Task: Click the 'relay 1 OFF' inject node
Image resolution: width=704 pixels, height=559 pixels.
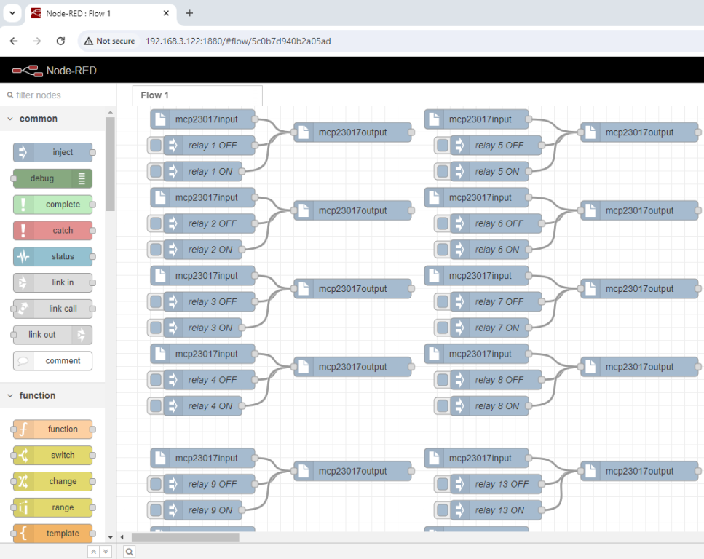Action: [x=211, y=146]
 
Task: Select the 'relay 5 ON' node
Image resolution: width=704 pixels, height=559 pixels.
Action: [x=497, y=172]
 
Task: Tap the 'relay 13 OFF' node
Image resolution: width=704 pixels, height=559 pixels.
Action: [x=501, y=484]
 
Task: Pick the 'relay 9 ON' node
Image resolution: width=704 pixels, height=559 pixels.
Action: [x=210, y=510]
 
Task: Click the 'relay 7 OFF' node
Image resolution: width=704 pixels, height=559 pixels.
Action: [x=499, y=302]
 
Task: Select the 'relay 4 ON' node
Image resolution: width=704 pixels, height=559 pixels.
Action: [x=210, y=406]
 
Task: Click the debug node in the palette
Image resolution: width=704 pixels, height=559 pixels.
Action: [x=52, y=178]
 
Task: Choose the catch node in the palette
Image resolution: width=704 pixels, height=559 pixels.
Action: [x=52, y=231]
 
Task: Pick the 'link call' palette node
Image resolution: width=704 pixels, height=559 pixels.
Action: [x=52, y=309]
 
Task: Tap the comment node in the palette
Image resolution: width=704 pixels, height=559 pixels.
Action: [x=52, y=361]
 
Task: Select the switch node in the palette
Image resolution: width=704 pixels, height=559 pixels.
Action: [x=52, y=456]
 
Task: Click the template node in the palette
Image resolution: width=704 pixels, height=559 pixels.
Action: [x=52, y=534]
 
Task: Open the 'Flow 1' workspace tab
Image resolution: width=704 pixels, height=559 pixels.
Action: [x=155, y=95]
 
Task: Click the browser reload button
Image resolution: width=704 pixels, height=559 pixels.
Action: [x=60, y=41]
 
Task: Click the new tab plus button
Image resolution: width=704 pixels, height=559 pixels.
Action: [x=189, y=13]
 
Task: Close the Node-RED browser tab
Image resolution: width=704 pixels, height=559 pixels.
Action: [x=166, y=13]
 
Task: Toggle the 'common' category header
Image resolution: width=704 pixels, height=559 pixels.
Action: [x=38, y=119]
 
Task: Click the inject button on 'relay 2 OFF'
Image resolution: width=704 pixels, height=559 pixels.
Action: [x=155, y=223]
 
